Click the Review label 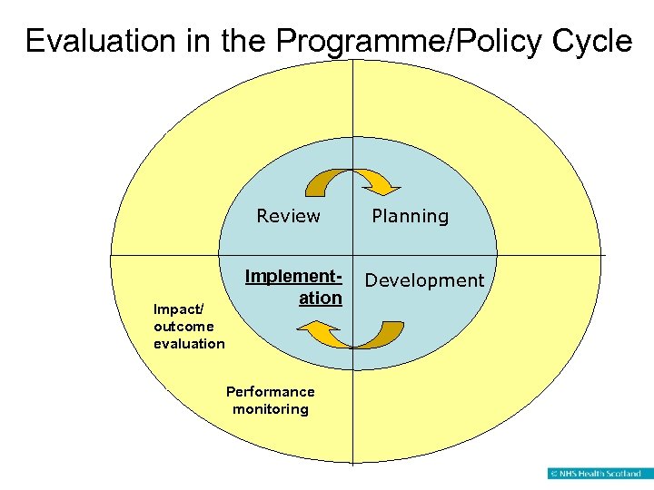click(288, 216)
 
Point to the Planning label click(410, 216)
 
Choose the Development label click(424, 280)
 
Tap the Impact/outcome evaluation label click(189, 326)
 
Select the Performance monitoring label click(270, 400)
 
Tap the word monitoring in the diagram click(271, 409)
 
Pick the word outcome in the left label click(183, 326)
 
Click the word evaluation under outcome click(189, 343)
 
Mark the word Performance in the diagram click(270, 392)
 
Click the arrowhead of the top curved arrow click(385, 187)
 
